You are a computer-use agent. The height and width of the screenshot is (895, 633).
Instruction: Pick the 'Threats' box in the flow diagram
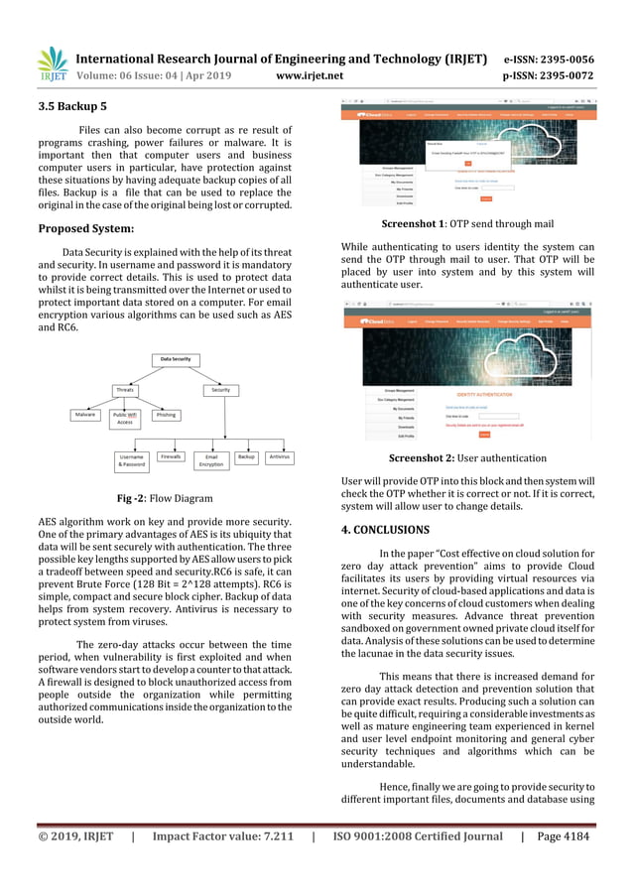coord(125,390)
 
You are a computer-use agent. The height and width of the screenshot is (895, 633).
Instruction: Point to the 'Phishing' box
coord(166,415)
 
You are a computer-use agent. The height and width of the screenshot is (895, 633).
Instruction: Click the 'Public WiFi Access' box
coord(125,419)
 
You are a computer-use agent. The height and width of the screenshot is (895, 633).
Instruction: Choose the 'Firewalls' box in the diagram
coord(172,456)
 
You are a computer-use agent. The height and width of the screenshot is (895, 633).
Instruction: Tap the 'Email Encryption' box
coord(211,460)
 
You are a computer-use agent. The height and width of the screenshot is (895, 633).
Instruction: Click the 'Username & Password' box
coord(132,460)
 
